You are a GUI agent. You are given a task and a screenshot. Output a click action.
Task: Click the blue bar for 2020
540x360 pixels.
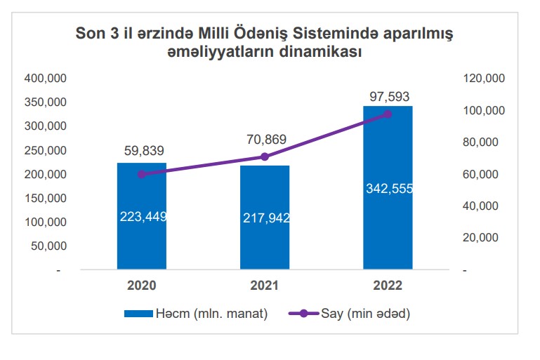pyautogui.click(x=142, y=239)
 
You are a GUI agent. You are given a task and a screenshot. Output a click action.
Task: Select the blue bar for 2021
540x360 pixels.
pyautogui.click(x=265, y=242)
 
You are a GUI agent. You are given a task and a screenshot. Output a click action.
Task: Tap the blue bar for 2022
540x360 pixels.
pyautogui.click(x=388, y=225)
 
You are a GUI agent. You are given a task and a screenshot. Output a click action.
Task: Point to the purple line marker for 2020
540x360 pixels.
pyautogui.click(x=142, y=174)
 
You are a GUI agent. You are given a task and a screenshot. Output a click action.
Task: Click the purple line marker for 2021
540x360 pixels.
pyautogui.click(x=265, y=156)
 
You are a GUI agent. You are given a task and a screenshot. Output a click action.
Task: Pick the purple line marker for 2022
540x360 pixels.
pyautogui.click(x=388, y=114)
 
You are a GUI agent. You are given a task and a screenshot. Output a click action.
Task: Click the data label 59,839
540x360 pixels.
pyautogui.click(x=142, y=151)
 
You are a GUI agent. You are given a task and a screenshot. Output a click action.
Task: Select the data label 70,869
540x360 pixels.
pyautogui.click(x=265, y=139)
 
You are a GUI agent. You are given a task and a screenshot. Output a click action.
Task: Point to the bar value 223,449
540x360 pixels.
pyautogui.click(x=142, y=216)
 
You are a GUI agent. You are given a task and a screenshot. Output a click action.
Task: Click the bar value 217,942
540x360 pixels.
pyautogui.click(x=265, y=218)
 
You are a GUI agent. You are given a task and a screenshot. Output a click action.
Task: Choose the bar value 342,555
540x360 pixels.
pyautogui.click(x=388, y=188)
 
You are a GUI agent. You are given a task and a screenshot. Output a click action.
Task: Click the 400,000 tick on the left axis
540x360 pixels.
pyautogui.click(x=46, y=78)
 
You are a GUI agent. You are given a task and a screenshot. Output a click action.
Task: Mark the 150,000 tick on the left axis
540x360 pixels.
pyautogui.click(x=46, y=198)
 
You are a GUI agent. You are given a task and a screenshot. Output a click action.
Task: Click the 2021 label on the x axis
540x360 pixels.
pyautogui.click(x=265, y=286)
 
